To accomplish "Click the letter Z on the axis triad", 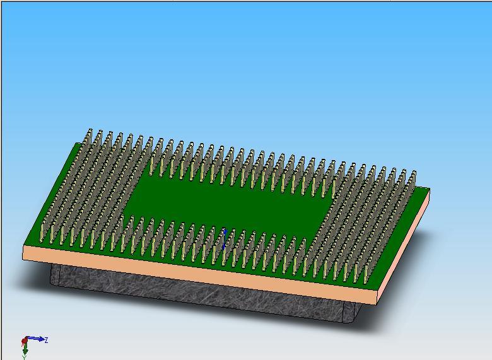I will click(x=46, y=340).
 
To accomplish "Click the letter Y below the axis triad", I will click(x=25, y=357).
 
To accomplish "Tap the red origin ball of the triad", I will click(x=25, y=342).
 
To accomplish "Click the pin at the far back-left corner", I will click(x=89, y=136).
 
